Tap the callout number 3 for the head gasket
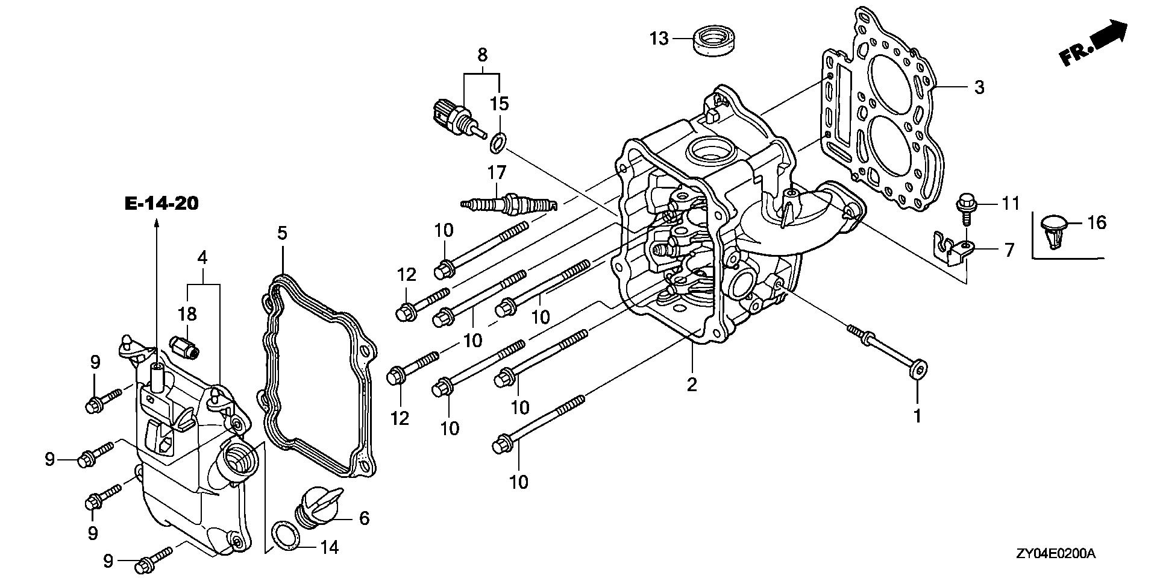tap(979, 87)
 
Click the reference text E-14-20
tap(161, 204)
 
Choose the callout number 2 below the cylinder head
tap(692, 385)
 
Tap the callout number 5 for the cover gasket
tap(281, 232)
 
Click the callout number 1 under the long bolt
tap(917, 416)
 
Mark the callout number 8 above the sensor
tap(482, 55)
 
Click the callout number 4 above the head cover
tap(202, 259)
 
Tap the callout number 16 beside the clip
tap(1097, 223)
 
